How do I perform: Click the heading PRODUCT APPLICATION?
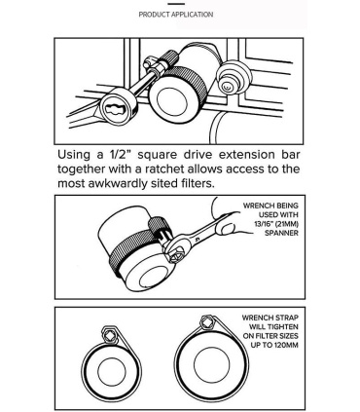(176, 15)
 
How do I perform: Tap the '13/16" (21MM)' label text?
(276, 224)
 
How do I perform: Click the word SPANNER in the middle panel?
(281, 233)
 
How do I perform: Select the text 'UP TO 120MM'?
(274, 345)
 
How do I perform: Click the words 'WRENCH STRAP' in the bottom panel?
(270, 318)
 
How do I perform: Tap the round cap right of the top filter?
(234, 77)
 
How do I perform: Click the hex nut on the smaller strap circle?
(110, 334)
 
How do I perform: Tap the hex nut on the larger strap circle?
(207, 322)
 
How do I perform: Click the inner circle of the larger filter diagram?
(211, 364)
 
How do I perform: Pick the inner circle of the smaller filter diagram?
(112, 372)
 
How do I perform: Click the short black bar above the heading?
(176, 4)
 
